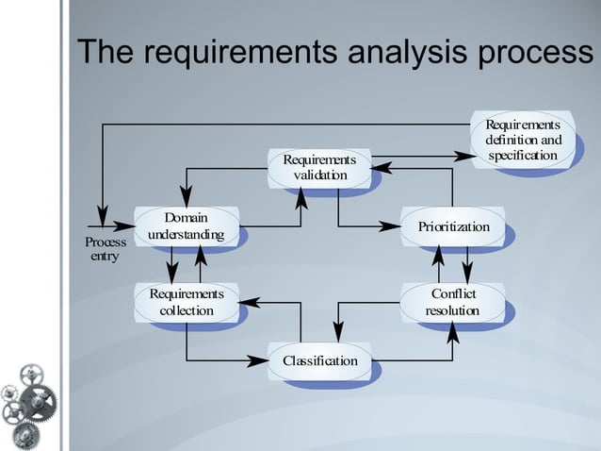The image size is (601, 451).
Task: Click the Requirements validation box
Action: [x=319, y=168]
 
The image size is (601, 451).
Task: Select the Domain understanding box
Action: [x=186, y=226]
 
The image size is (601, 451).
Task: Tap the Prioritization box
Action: [x=453, y=226]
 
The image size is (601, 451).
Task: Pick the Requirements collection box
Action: [x=186, y=302]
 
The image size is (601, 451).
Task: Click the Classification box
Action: [x=319, y=361]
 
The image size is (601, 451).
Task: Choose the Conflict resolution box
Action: [x=453, y=302]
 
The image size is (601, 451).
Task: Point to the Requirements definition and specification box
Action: [x=523, y=141]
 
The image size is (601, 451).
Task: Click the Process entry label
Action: [x=105, y=249]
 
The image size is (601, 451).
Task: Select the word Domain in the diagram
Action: [x=186, y=218]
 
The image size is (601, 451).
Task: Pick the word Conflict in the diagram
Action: [x=453, y=293]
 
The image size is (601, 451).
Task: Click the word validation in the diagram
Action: [x=319, y=176]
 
